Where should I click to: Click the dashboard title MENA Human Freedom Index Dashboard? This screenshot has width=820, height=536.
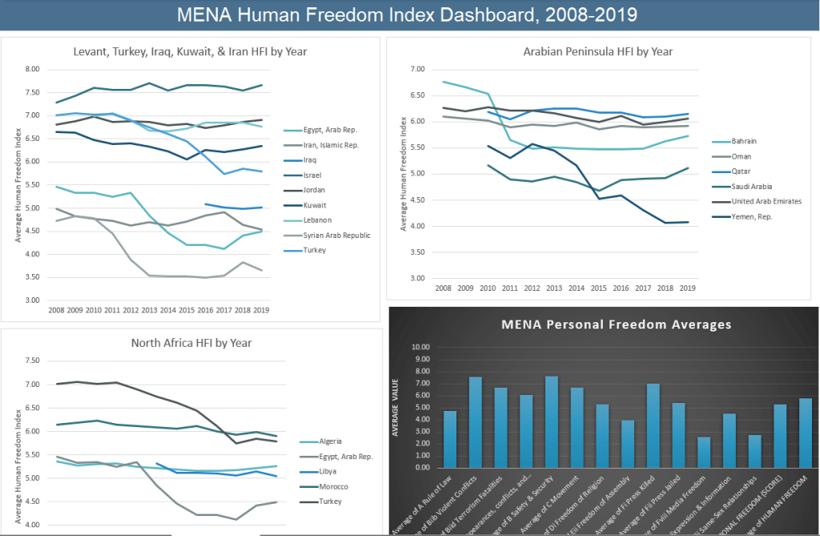[409, 15]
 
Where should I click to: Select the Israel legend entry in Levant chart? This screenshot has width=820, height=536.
[314, 175]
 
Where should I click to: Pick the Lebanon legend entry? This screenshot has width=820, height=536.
[319, 220]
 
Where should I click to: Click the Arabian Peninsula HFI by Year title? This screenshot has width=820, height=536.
[597, 52]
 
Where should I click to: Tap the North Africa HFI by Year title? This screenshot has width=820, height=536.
[191, 343]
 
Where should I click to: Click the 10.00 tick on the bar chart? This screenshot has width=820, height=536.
[420, 347]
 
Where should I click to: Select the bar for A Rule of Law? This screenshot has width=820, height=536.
[449, 439]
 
